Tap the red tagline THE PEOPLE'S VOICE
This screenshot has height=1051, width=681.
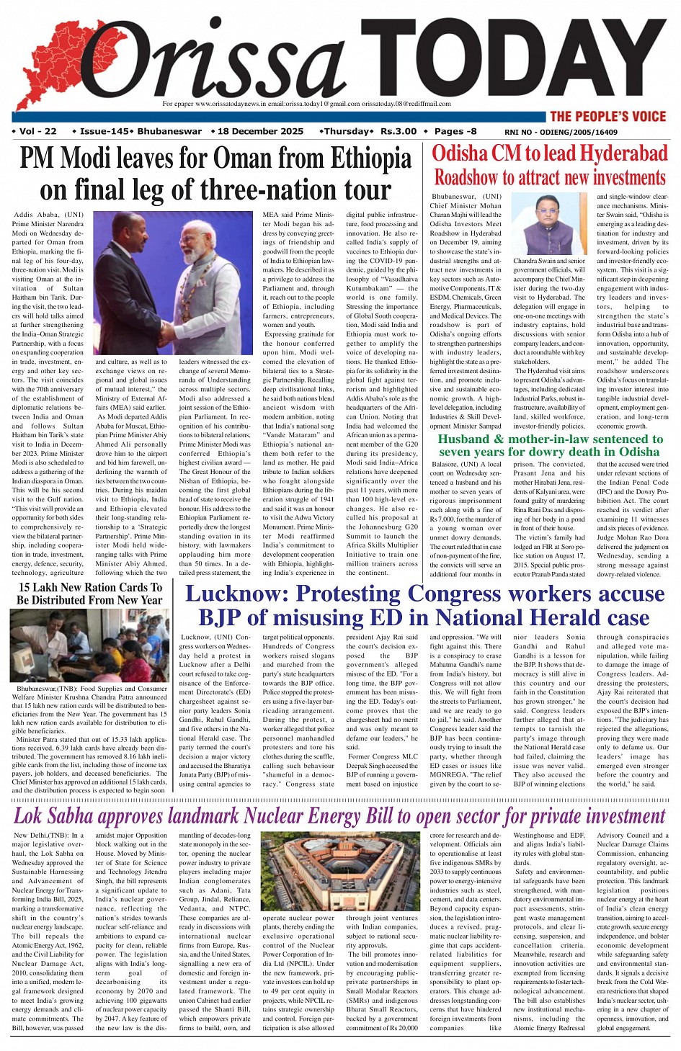coord(607,116)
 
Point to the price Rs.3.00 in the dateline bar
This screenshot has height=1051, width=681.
coord(399,131)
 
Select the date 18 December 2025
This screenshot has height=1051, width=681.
coord(260,131)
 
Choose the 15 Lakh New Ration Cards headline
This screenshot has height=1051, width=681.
coord(90,593)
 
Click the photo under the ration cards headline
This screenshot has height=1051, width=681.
coord(89,645)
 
